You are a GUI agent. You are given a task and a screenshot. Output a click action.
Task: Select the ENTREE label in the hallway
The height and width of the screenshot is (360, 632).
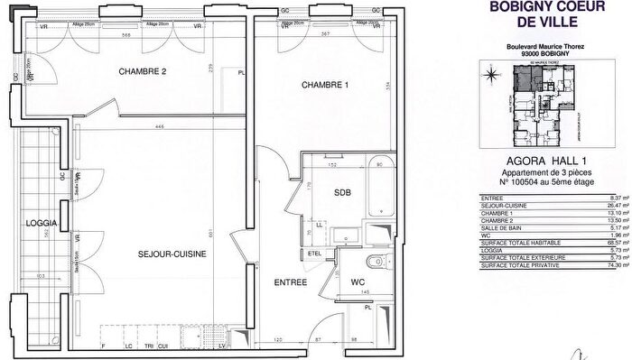coord(290,283)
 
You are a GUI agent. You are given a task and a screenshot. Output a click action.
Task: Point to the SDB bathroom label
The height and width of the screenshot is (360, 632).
coord(342,193)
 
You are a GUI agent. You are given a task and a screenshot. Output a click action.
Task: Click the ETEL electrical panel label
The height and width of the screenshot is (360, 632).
coord(315,254)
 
